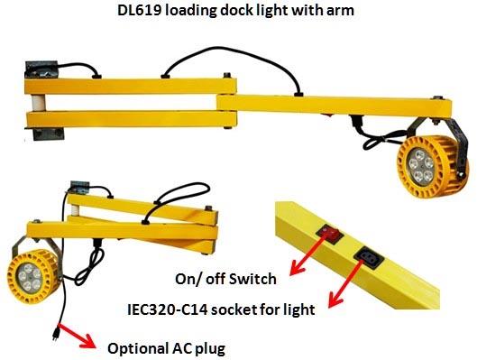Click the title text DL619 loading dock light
[237, 14]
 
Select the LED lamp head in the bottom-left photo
[34, 271]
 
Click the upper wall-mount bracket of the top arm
[41, 69]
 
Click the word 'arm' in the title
[348, 14]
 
